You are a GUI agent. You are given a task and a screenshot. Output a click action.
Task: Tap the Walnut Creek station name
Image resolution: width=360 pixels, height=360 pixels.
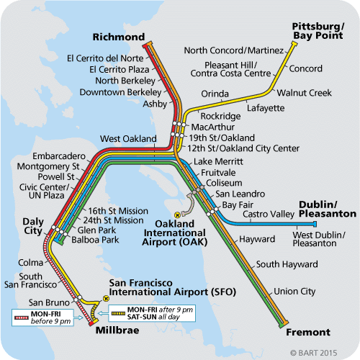click(x=300, y=92)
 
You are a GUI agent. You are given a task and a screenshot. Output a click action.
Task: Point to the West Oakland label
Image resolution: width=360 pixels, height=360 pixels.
click(x=127, y=138)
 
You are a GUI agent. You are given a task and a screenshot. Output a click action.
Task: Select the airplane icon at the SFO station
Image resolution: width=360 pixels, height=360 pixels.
click(x=105, y=297)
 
